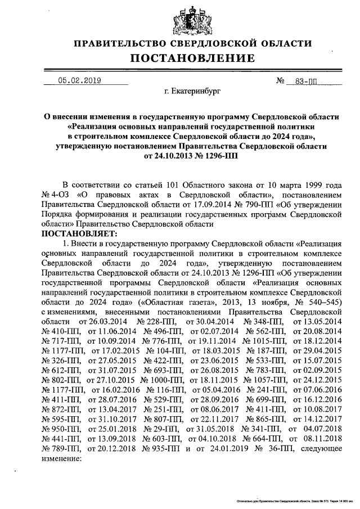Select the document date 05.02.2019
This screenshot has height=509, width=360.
[x=79, y=80]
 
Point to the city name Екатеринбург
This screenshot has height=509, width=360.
[x=188, y=90]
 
